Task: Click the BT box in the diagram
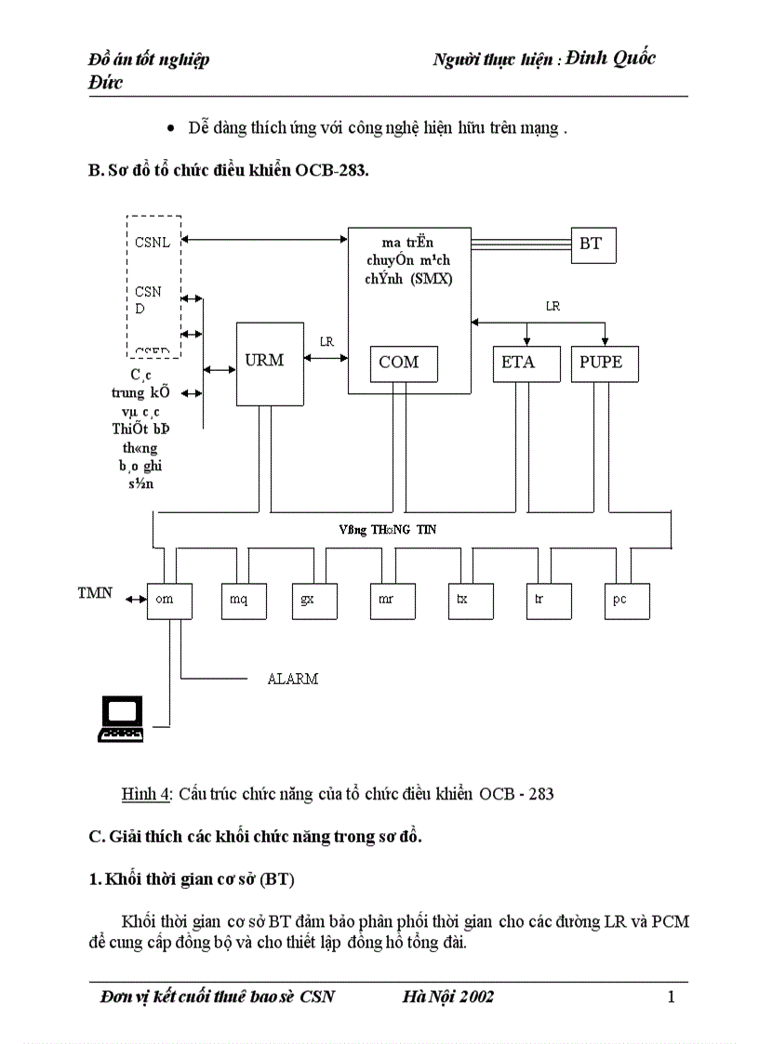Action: click(593, 244)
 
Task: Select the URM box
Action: click(270, 363)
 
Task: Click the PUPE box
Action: click(604, 363)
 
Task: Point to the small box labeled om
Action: click(168, 600)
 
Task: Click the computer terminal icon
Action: click(122, 719)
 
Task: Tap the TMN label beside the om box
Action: click(95, 592)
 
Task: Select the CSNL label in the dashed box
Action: click(151, 243)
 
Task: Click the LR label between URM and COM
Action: click(326, 342)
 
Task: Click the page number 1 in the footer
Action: click(671, 998)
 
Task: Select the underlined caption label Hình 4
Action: click(146, 794)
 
